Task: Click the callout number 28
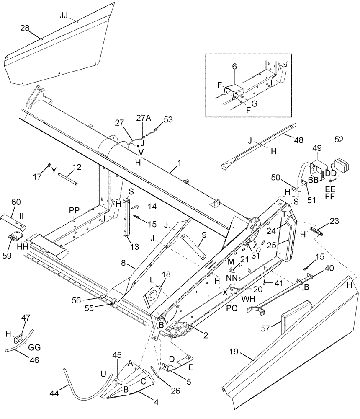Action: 25,28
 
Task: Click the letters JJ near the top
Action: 64,15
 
